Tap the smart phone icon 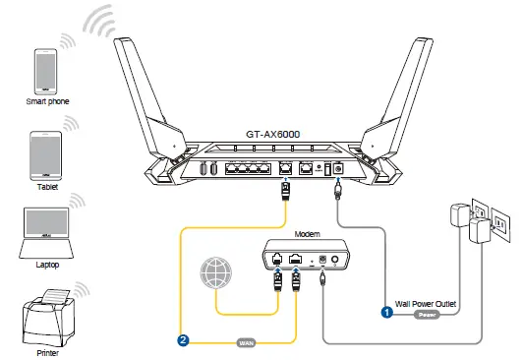(44, 70)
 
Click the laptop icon (44, 228)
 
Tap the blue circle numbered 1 (387, 312)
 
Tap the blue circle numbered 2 (183, 341)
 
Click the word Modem (308, 235)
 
